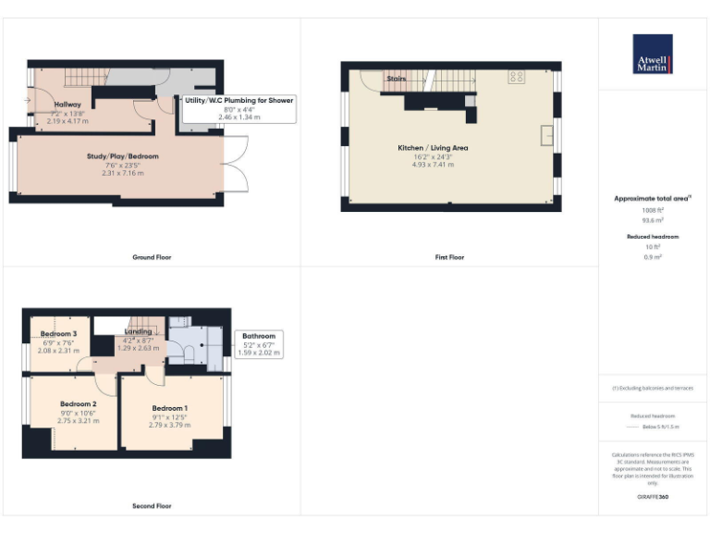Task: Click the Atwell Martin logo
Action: (x=653, y=55)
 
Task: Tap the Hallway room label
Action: (x=67, y=105)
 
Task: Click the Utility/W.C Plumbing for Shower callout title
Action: (x=239, y=100)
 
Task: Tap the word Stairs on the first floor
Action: (x=397, y=81)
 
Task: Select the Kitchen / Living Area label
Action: (x=433, y=148)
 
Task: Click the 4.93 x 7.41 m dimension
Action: (x=433, y=167)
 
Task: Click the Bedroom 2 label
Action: (x=79, y=404)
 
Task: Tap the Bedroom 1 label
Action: (x=170, y=408)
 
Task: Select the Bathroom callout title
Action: (x=259, y=336)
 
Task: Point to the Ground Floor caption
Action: (x=152, y=257)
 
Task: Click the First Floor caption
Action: (x=449, y=257)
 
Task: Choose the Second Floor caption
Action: (x=152, y=506)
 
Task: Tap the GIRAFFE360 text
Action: (x=654, y=499)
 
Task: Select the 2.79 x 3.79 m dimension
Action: (x=170, y=425)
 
